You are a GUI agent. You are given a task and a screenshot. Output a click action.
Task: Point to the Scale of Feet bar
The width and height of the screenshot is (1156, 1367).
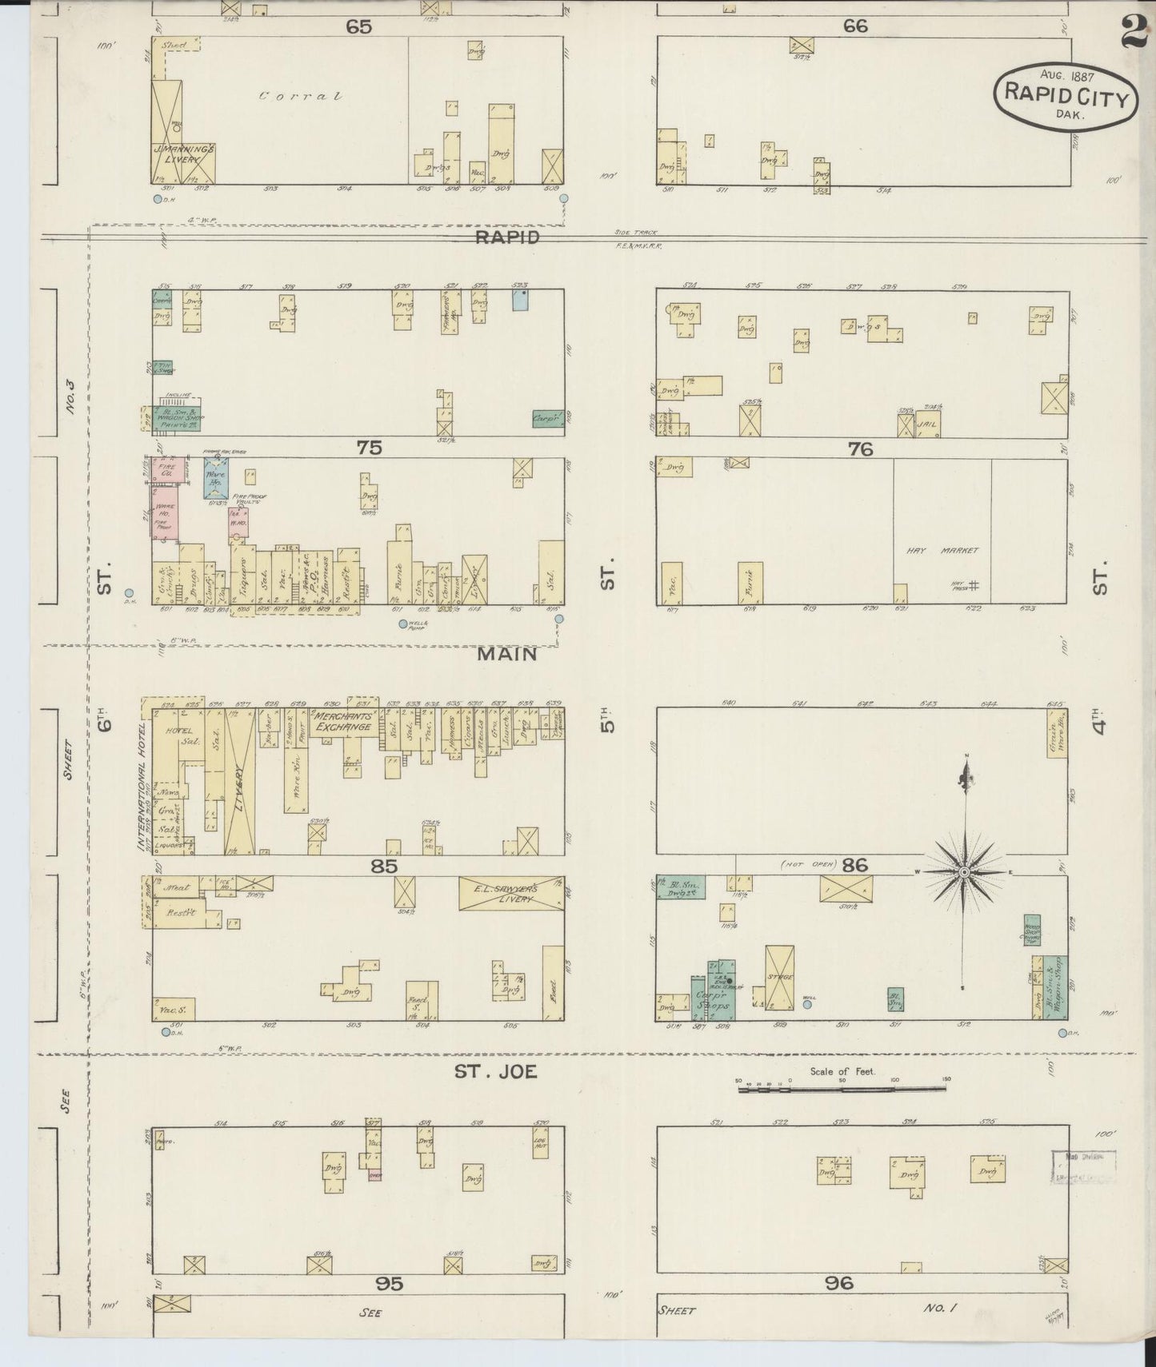842,1088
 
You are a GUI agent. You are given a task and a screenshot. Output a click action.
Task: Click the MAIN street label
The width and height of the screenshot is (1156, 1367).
506,655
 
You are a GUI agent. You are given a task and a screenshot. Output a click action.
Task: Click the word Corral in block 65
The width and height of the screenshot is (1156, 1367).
301,97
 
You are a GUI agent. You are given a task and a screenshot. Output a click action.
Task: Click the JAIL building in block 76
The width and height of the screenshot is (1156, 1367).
927,425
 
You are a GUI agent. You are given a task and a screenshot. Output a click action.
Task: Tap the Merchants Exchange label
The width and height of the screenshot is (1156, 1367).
342,721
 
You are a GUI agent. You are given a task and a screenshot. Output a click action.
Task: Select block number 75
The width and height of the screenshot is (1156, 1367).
369,448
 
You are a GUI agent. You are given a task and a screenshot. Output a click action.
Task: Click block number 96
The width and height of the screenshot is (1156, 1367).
838,1283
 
